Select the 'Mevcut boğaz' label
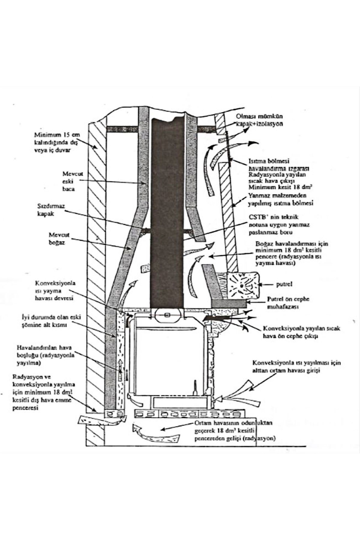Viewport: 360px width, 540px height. (57, 238)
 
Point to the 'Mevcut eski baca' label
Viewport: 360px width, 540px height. (69, 181)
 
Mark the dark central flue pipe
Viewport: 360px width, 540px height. (166, 210)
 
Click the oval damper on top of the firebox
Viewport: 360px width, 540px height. (167, 315)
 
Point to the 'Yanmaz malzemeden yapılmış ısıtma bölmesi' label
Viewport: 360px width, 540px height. (280, 199)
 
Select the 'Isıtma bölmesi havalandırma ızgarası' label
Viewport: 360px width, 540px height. (279, 165)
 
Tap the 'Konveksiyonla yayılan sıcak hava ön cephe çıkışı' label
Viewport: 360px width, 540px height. (301, 332)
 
